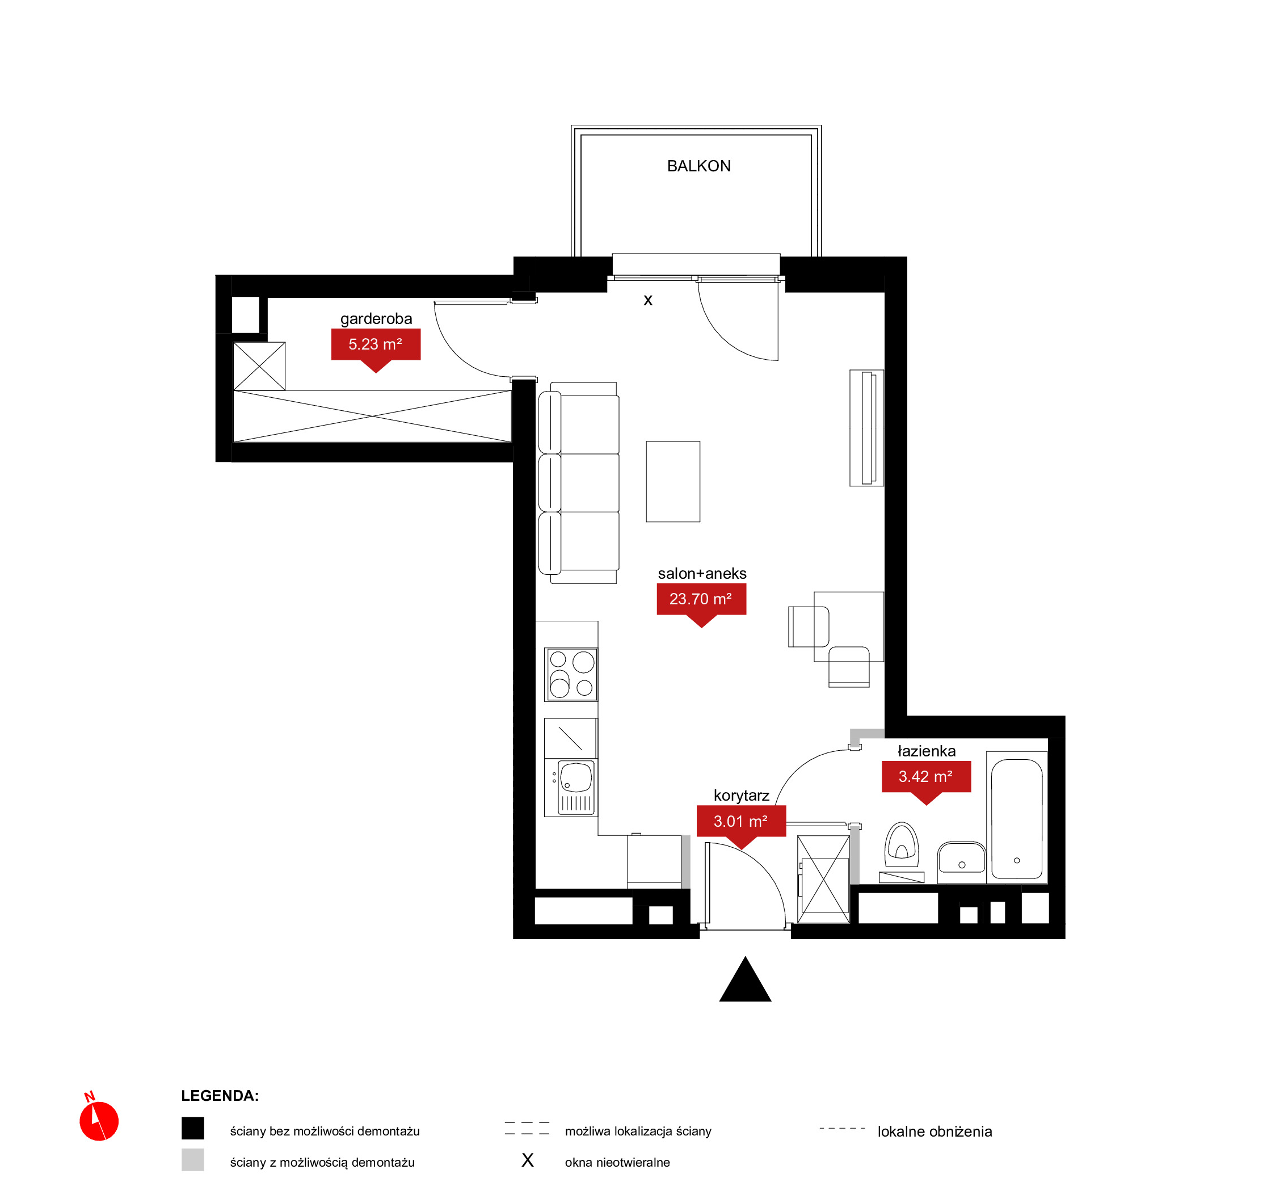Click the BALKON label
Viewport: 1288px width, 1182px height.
[x=698, y=166]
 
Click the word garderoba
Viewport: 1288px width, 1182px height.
[x=376, y=318]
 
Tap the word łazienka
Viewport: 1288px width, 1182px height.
[x=927, y=751]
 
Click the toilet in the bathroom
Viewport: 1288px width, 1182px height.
[x=902, y=851]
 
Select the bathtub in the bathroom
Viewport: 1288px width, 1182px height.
[x=1017, y=819]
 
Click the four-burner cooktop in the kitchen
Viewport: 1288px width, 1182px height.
[x=571, y=674]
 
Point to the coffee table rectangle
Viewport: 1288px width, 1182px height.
[x=673, y=482]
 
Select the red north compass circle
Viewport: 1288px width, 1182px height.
[x=99, y=1121]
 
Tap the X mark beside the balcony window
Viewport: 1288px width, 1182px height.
[x=648, y=301]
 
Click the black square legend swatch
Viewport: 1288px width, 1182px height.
[x=192, y=1128]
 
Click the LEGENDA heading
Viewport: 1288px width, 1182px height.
[x=220, y=1096]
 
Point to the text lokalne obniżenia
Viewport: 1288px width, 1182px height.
[x=935, y=1131]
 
